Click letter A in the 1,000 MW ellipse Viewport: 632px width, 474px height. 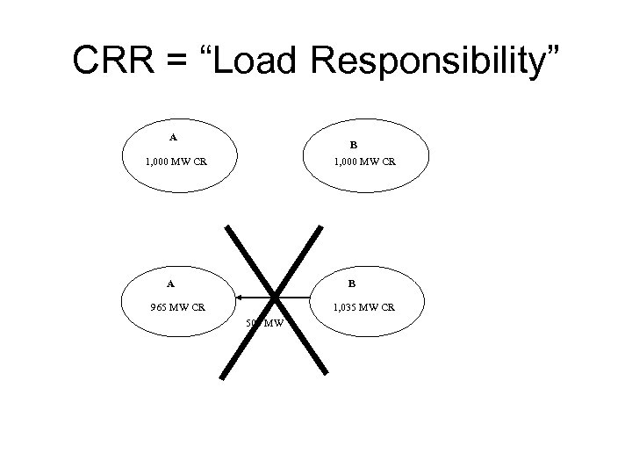(173, 136)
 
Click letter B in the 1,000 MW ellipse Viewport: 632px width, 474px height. (353, 143)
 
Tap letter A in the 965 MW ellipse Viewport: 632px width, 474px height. (171, 284)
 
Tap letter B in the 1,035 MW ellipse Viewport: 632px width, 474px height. (351, 284)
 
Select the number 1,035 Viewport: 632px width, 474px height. (344, 307)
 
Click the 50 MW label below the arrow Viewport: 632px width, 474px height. (264, 323)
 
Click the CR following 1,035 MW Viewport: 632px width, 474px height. (387, 307)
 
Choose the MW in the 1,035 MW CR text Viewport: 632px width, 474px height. (368, 307)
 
